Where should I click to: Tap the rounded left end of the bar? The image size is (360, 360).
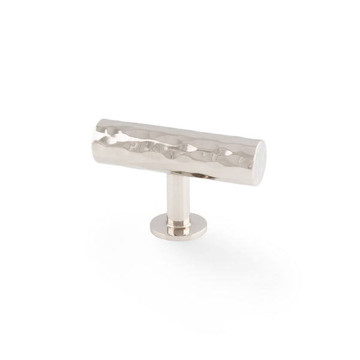coord(96,136)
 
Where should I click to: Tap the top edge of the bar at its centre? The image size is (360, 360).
coord(177,128)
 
